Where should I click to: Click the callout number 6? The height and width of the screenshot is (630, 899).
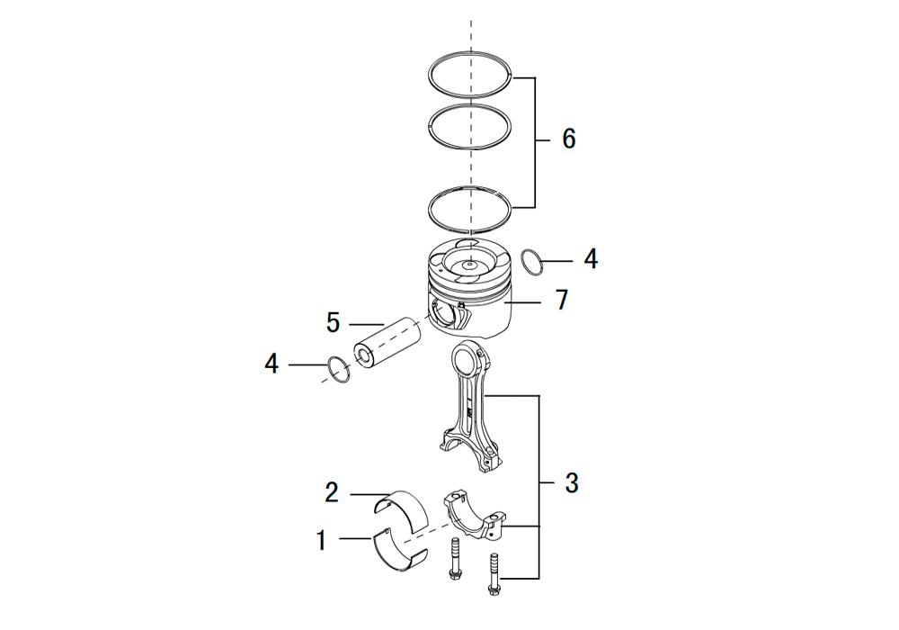[569, 139]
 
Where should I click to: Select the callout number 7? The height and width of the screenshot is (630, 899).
[562, 300]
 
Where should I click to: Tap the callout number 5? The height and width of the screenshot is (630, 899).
[334, 322]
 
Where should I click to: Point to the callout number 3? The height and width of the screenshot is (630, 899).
[572, 483]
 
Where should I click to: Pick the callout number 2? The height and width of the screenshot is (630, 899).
[332, 492]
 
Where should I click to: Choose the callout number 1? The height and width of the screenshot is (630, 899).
[322, 541]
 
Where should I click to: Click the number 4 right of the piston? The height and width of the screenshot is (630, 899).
[592, 259]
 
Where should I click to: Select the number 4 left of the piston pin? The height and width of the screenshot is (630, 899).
[271, 364]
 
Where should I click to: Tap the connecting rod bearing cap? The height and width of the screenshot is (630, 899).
[474, 514]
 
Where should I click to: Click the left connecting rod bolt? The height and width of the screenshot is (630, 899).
[455, 557]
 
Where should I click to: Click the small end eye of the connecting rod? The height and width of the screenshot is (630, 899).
[466, 357]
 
